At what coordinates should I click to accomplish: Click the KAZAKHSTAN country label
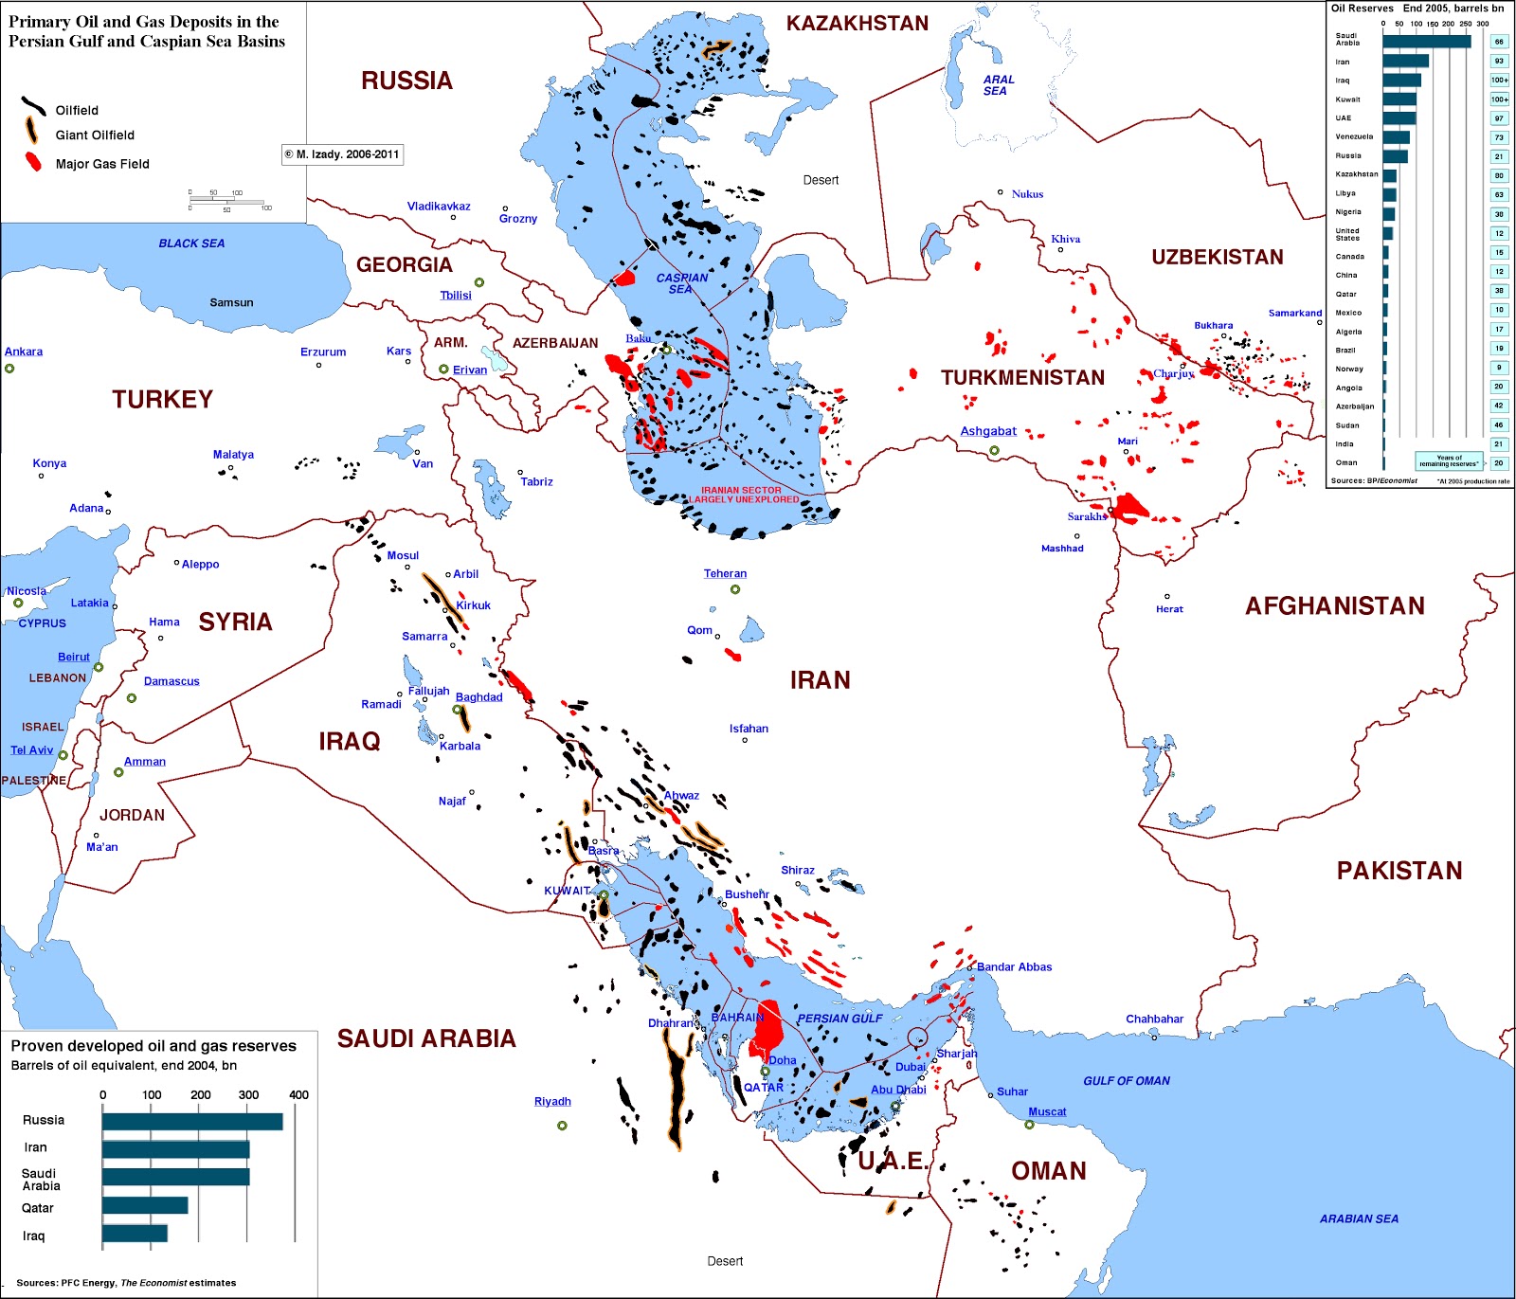857,24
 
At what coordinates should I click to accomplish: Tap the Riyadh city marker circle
562,1126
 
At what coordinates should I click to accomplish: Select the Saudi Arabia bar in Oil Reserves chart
1426,42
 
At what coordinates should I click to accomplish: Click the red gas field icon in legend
34,162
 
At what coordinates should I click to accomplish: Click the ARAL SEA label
998,85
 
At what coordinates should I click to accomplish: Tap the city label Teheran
725,573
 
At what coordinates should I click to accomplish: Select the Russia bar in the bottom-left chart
192,1121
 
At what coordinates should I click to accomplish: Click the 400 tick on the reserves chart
298,1094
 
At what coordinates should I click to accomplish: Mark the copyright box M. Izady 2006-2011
342,154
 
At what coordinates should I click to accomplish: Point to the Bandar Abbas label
1014,966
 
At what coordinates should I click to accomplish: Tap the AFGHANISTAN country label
1334,606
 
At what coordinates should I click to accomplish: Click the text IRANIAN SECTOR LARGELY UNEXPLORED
743,495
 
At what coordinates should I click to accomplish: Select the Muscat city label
1047,1111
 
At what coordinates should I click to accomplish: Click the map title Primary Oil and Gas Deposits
146,31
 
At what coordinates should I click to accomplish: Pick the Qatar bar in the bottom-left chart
145,1205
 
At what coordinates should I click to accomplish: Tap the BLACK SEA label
191,244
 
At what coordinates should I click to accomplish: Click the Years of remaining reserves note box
1448,460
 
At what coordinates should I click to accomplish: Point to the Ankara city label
24,352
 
